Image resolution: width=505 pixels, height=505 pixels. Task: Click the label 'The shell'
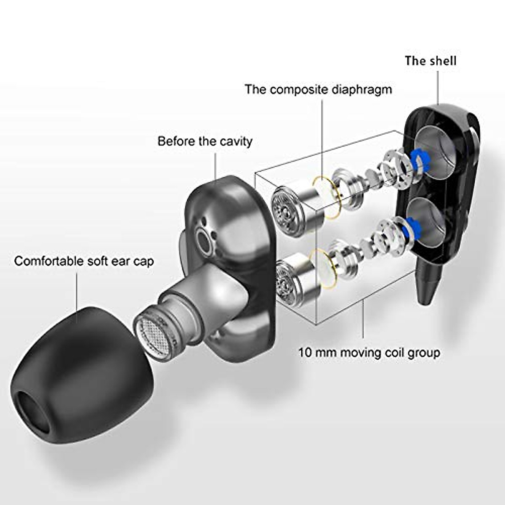430,61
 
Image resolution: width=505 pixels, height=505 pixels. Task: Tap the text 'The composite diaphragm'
318,90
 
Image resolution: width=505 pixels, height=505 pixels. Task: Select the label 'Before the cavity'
205,141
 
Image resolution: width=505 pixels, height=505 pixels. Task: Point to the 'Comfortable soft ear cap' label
84,261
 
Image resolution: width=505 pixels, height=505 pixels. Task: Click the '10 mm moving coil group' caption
369,352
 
